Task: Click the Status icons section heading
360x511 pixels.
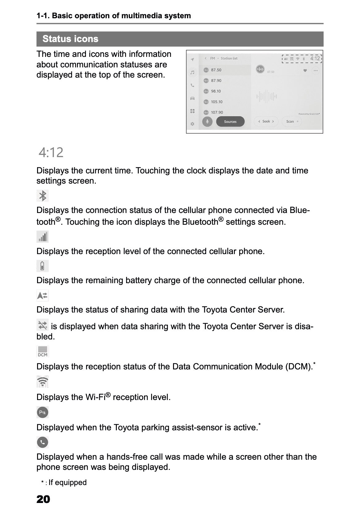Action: click(x=70, y=39)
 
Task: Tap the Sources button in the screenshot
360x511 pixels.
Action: click(x=230, y=121)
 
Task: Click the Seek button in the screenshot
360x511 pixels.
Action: click(x=266, y=121)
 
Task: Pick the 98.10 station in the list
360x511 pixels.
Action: click(x=216, y=91)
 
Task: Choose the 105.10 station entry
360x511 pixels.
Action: click(x=216, y=102)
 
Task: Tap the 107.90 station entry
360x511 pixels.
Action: click(x=217, y=112)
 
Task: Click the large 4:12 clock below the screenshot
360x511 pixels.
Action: click(x=51, y=152)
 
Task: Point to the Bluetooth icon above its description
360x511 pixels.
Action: click(x=43, y=196)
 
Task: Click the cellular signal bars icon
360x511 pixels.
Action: click(x=43, y=237)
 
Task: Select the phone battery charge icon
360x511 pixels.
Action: click(x=43, y=266)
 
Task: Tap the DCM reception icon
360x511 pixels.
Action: click(x=43, y=351)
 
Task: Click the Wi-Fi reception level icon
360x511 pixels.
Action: click(x=43, y=382)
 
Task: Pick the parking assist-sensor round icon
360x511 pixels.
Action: click(x=43, y=412)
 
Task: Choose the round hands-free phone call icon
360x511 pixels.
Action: click(x=43, y=442)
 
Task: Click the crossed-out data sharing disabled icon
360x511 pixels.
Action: click(x=43, y=325)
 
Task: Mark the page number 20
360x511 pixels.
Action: click(x=43, y=499)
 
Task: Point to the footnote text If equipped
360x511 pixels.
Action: click(x=67, y=483)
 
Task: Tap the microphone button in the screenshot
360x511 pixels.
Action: click(x=207, y=121)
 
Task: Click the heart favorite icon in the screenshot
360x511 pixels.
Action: click(x=305, y=70)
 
